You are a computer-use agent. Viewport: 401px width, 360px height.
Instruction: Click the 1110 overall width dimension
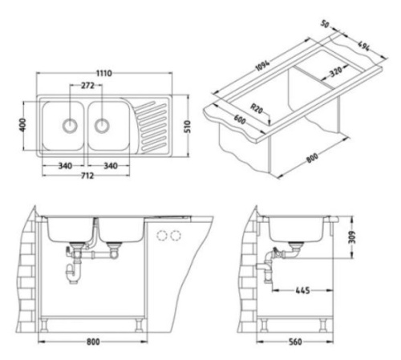tap(104, 73)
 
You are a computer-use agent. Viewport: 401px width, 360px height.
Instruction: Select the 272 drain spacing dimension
tap(87, 86)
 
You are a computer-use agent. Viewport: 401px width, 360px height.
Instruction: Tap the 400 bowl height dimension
tap(22, 125)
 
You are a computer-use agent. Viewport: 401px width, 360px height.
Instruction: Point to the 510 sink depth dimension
tap(188, 127)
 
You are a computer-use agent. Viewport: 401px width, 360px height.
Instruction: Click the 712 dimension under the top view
tap(87, 176)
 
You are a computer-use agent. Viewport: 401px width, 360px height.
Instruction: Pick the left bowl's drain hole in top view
tap(70, 125)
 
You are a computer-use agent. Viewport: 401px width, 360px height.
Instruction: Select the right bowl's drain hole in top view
tap(102, 125)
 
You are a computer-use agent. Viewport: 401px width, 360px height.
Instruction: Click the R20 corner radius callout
tap(257, 109)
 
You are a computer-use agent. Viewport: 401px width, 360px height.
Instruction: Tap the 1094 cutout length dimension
tap(263, 65)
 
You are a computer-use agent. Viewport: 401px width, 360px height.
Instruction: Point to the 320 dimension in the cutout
tap(336, 71)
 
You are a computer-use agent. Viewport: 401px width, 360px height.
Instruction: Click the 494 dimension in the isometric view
tap(364, 47)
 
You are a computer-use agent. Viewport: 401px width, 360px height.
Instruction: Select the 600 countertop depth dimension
tap(239, 119)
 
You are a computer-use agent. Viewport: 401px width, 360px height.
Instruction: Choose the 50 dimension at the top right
tap(325, 24)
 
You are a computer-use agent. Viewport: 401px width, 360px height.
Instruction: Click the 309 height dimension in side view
tap(352, 237)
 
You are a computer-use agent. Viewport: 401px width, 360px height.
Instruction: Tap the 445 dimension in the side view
tap(302, 290)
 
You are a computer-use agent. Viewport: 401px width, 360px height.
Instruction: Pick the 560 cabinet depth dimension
tap(295, 342)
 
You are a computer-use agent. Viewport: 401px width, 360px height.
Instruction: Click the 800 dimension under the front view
tap(93, 342)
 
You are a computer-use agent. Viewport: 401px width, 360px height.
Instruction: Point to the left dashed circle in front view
tap(162, 235)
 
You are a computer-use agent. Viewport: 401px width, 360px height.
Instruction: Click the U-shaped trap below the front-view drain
tap(71, 273)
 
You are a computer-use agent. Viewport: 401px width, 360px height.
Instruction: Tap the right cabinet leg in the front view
tap(140, 325)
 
